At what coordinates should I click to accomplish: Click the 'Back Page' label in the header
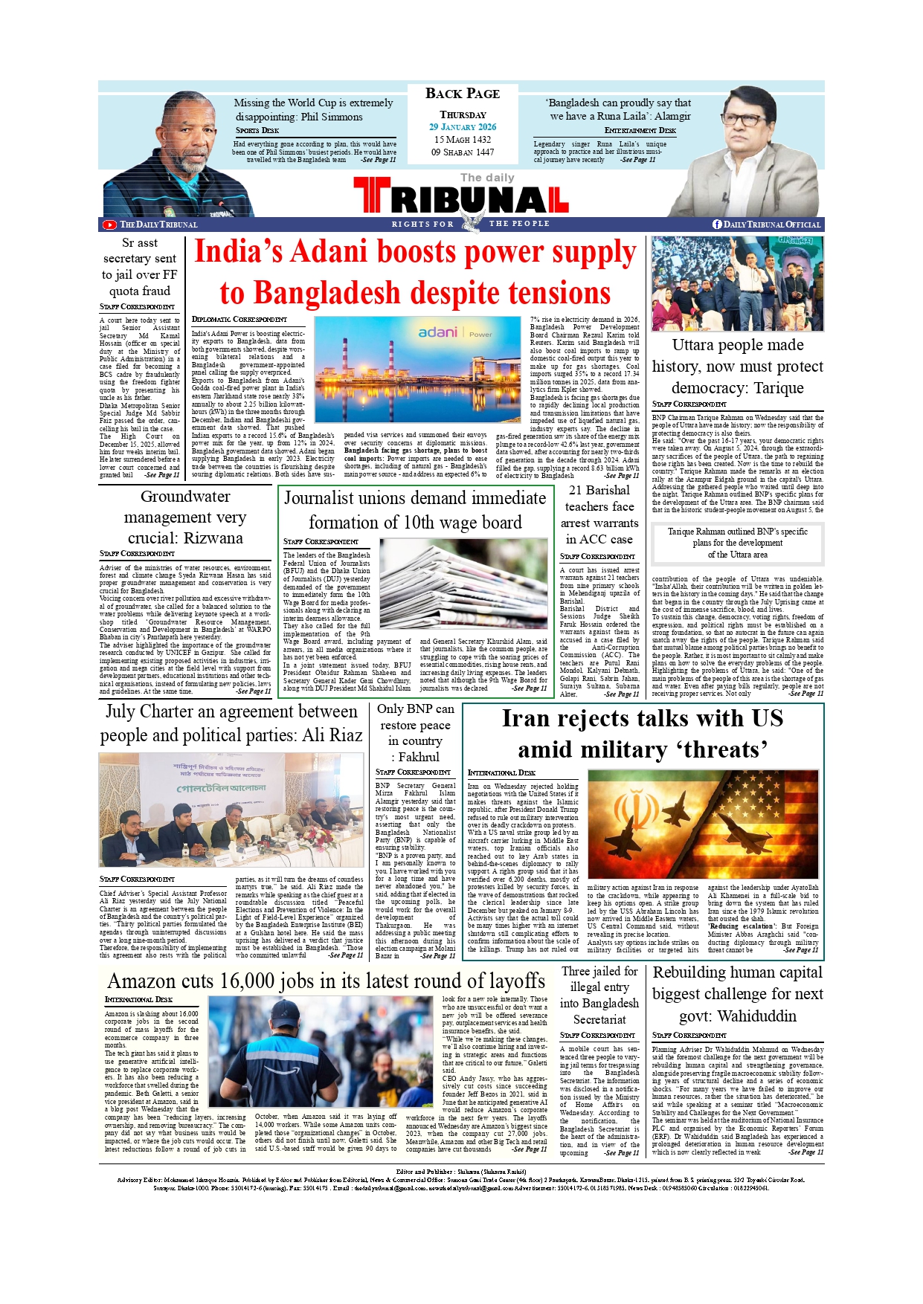coord(462,94)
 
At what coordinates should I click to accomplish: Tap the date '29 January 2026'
coord(462,127)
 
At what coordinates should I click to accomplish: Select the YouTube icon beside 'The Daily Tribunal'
coord(109,225)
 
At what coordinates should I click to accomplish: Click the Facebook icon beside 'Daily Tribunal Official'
coord(717,225)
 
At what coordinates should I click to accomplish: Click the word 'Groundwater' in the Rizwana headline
coord(185,497)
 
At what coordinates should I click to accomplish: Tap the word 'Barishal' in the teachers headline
coord(608,491)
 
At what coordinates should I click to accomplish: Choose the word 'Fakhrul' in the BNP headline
coord(419,757)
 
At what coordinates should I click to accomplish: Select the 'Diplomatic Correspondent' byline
coord(239,319)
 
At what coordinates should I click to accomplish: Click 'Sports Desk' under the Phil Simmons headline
coord(257,130)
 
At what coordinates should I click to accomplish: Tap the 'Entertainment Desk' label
coord(640,130)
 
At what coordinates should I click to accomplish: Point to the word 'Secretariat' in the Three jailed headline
coord(599,1019)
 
